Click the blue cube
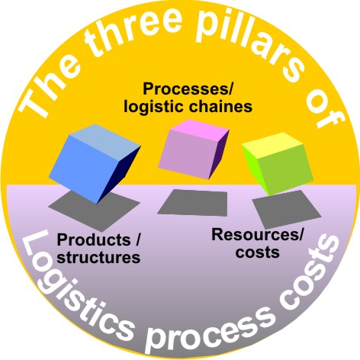(x=94, y=162)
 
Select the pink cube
(x=193, y=149)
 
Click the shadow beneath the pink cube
(x=193, y=203)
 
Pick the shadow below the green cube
(x=286, y=209)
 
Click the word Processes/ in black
(x=188, y=90)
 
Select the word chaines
(x=221, y=107)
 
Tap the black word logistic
(x=155, y=108)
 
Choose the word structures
(x=98, y=257)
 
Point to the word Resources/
(x=258, y=234)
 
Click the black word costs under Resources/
(x=258, y=252)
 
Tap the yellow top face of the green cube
(x=272, y=145)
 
